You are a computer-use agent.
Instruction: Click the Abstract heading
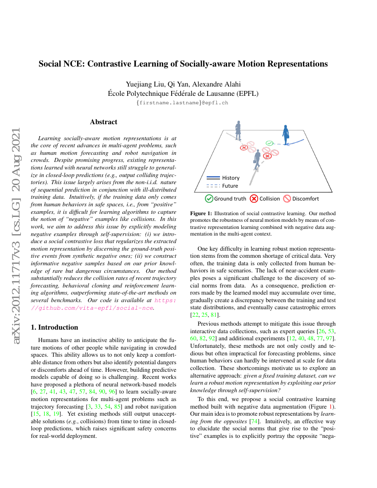coord(103,122)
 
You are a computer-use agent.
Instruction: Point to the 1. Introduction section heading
coord(55,327)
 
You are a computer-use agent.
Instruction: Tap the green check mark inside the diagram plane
coord(269,143)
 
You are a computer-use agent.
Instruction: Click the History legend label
coord(231,177)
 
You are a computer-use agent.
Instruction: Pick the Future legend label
coord(230,186)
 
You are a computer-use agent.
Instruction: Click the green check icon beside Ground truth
coord(209,199)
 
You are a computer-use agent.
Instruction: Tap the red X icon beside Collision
coord(254,199)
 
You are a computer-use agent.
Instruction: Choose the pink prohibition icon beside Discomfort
coord(287,199)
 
